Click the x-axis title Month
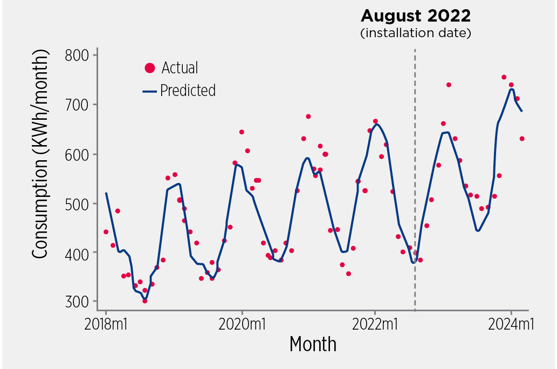[x=313, y=344]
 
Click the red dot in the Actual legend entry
[x=150, y=68]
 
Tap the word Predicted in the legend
[x=188, y=91]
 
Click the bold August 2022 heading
[x=415, y=15]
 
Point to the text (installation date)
[x=415, y=33]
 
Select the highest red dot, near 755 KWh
[x=504, y=77]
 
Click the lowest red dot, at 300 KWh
[x=145, y=301]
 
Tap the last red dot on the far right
[x=522, y=139]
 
